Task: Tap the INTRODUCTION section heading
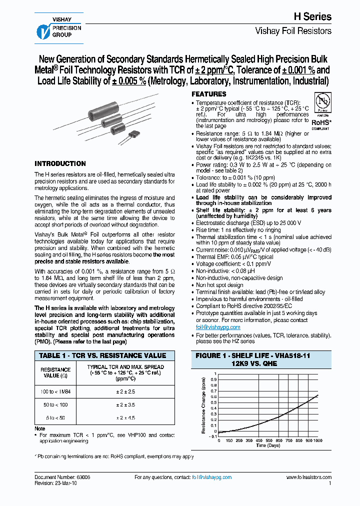click(60, 163)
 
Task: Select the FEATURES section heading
click(209, 94)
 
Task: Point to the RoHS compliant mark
click(320, 122)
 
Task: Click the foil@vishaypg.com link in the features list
click(218, 327)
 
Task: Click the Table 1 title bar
click(102, 355)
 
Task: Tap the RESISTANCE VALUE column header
click(55, 372)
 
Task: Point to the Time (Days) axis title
click(268, 444)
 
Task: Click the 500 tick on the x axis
click(268, 440)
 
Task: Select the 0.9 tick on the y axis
click(213, 379)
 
